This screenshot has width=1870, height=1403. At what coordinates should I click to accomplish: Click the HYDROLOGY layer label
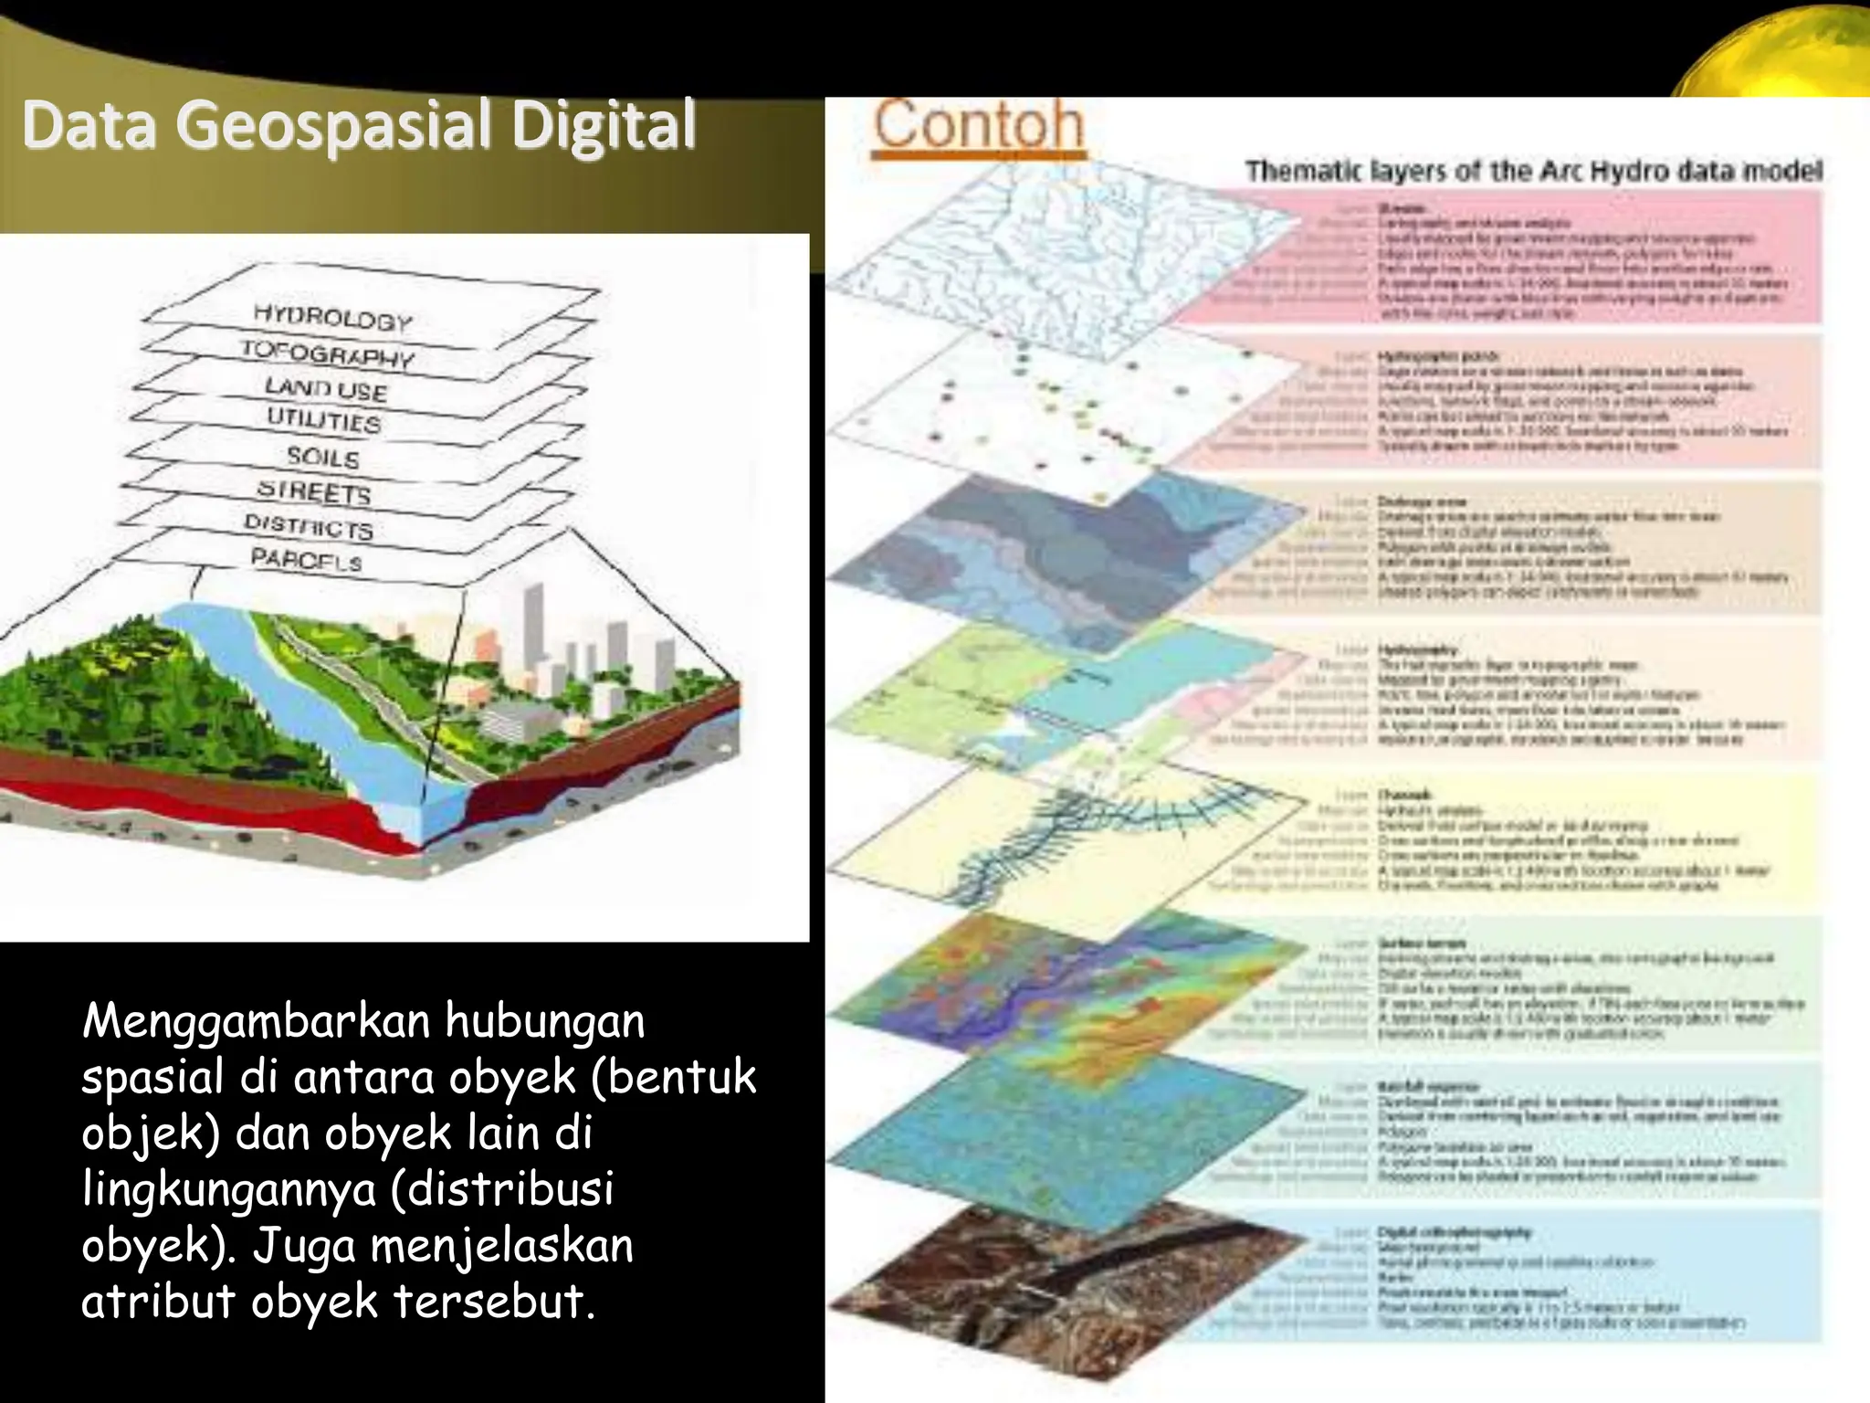[332, 318]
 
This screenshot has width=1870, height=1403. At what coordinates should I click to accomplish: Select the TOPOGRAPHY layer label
[327, 353]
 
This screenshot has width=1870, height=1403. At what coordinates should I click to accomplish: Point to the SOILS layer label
[323, 456]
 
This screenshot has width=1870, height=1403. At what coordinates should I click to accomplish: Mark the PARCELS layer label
[307, 559]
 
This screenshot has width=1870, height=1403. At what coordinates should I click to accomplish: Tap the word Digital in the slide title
[604, 126]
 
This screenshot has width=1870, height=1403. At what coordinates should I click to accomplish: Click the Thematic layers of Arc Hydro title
[1534, 171]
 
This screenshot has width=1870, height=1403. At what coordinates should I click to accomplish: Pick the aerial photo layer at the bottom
[1050, 1279]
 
